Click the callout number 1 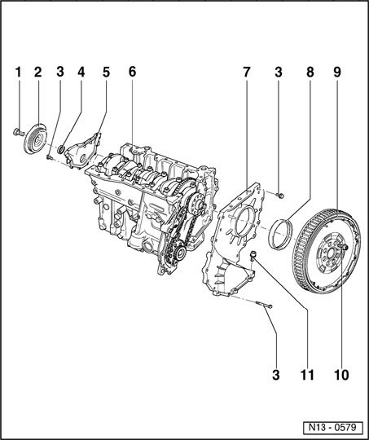pos(18,73)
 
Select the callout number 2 pos(38,73)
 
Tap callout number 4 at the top pos(81,73)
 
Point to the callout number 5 pos(106,73)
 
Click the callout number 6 pos(132,73)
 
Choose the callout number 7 pos(246,73)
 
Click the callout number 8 pos(310,73)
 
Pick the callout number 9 pos(337,73)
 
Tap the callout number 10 pos(341,375)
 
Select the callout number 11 pos(307,375)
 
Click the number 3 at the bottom pos(276,375)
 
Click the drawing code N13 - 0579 pos(332,428)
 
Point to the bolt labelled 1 pos(19,132)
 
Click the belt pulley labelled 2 pos(35,139)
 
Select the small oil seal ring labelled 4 pos(61,150)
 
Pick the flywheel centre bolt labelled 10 pos(344,247)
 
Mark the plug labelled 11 pos(253,256)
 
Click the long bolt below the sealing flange pos(264,304)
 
